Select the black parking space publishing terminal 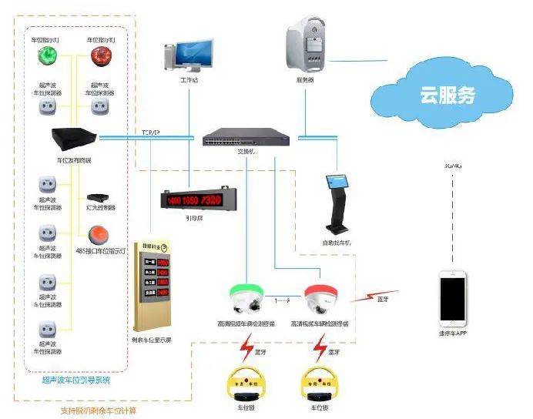click(75, 140)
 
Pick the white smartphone click(452, 297)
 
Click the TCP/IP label click(150, 132)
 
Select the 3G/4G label click(452, 166)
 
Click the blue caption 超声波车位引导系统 click(75, 380)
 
